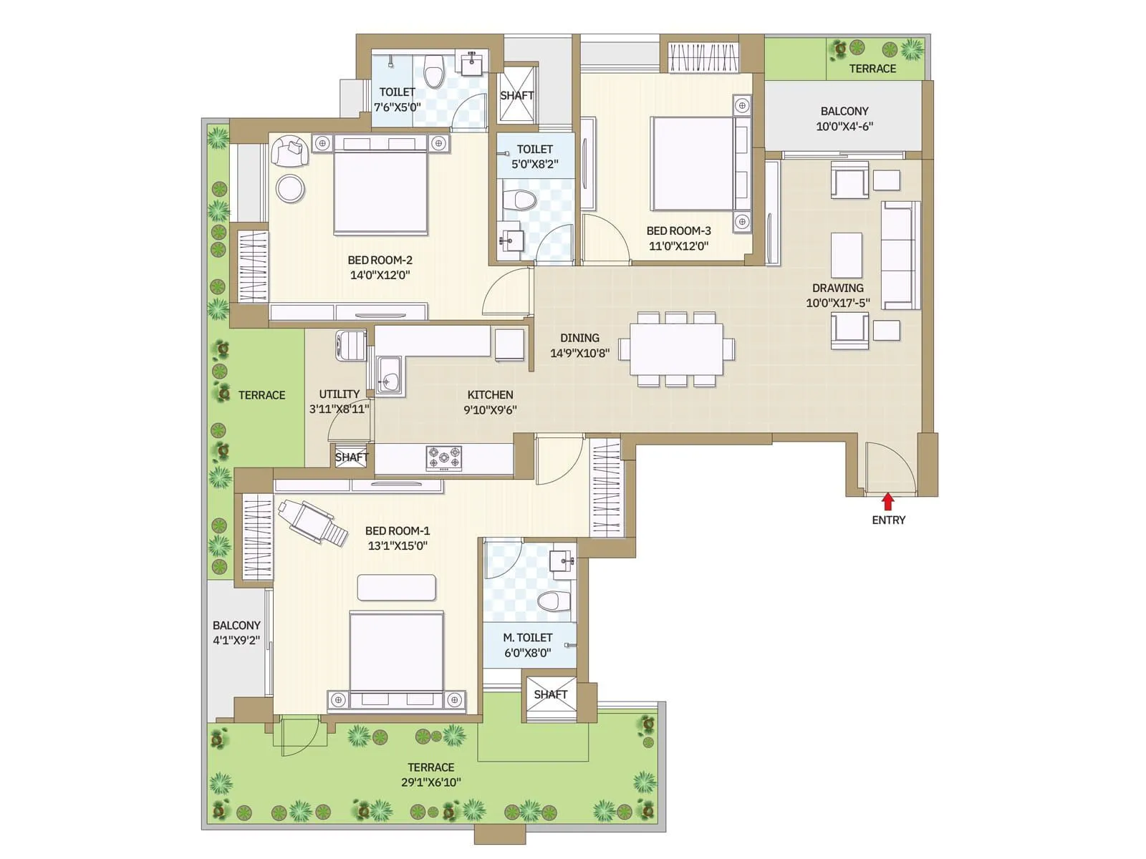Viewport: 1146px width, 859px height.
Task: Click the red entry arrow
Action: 888,501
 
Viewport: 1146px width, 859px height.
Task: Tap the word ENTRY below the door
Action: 888,520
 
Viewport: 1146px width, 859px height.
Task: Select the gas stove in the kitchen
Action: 444,457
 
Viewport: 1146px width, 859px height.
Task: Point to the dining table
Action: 676,349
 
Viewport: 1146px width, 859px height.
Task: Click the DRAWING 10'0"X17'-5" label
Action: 837,295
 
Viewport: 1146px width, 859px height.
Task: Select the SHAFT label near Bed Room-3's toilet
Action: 516,95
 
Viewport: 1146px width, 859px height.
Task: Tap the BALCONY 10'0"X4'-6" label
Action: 844,119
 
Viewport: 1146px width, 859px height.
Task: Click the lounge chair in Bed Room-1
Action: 312,520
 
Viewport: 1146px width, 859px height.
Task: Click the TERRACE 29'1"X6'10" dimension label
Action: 430,775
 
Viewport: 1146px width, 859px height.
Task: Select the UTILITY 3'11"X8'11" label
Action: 339,402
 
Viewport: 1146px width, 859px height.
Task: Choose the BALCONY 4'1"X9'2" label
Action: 236,633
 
